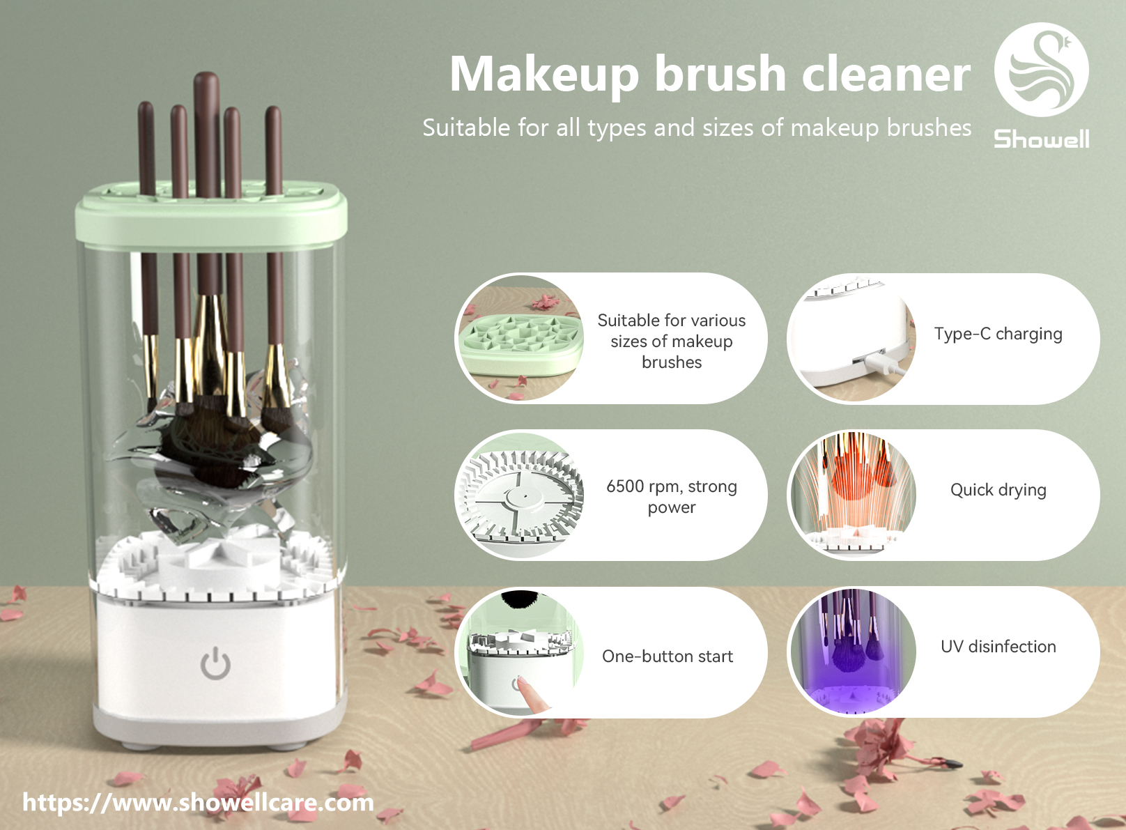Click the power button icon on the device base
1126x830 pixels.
pyautogui.click(x=215, y=663)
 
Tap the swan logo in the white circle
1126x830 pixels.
pyautogui.click(x=1042, y=70)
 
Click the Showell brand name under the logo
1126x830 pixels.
pyautogui.click(x=1042, y=139)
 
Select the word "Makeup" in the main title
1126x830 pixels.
pyautogui.click(x=544, y=75)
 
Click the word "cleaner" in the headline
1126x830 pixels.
pyautogui.click(x=886, y=74)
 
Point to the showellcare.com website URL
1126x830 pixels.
pyautogui.click(x=198, y=803)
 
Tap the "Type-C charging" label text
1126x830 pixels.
pyautogui.click(x=998, y=334)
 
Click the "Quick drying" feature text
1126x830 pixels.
pyautogui.click(x=998, y=490)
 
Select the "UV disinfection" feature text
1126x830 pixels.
pyautogui.click(x=998, y=646)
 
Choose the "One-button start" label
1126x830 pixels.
pyautogui.click(x=668, y=656)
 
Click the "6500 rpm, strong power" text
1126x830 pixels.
pyautogui.click(x=672, y=496)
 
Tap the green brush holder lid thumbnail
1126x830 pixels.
pyautogui.click(x=520, y=338)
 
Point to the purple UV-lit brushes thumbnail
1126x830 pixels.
pyautogui.click(x=853, y=652)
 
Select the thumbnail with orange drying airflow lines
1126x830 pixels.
pyautogui.click(x=853, y=495)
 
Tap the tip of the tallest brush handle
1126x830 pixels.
pyautogui.click(x=207, y=75)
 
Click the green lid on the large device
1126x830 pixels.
pyautogui.click(x=211, y=214)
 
